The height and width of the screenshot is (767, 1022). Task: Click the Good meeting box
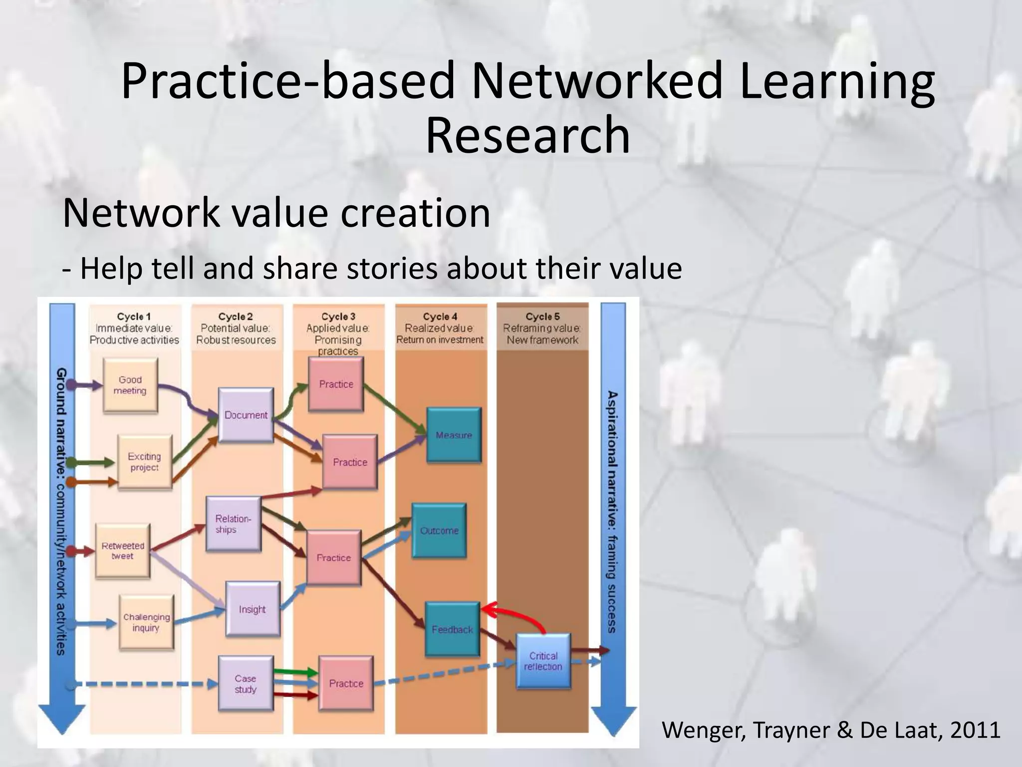click(130, 385)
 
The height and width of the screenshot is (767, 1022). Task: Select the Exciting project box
click(144, 462)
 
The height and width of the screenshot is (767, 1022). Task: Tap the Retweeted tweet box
click(123, 551)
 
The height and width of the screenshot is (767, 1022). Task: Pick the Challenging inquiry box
click(146, 622)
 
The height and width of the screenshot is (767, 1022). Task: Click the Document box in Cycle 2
click(246, 415)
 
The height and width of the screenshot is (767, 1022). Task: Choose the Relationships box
click(234, 524)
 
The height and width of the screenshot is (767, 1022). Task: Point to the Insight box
click(253, 609)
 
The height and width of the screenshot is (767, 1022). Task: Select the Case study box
click(246, 684)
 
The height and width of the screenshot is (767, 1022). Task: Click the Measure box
click(454, 435)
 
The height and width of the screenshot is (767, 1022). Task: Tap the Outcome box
click(439, 530)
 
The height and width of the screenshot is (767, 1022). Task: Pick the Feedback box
click(452, 629)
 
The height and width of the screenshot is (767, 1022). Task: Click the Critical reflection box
click(543, 661)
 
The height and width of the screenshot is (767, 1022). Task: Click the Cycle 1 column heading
click(134, 317)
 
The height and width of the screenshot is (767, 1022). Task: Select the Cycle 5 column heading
click(542, 317)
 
